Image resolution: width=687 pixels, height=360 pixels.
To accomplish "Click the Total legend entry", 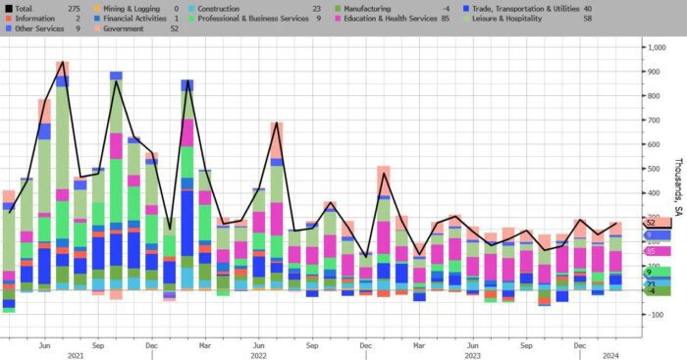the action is [24, 8].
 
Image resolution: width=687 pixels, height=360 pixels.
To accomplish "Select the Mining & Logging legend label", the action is [132, 8].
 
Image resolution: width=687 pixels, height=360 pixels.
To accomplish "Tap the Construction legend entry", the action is [218, 8].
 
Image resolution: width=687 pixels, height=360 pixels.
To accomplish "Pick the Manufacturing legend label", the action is [367, 8].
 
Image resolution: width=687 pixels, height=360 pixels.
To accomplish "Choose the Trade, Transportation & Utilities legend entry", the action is [526, 8].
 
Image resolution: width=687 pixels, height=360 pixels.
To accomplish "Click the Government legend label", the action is [123, 28].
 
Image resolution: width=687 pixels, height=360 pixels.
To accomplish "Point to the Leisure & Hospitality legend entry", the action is [507, 19].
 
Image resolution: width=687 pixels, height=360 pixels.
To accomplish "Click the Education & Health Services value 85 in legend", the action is [446, 19].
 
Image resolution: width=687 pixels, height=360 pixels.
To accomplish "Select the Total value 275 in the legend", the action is [74, 8].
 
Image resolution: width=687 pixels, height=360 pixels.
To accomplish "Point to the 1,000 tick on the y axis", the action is [657, 47].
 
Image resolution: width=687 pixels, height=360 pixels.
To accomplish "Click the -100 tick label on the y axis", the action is [656, 315].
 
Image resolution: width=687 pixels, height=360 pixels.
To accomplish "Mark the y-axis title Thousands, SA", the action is [678, 187].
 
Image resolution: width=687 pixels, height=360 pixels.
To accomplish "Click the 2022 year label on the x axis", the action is [258, 356].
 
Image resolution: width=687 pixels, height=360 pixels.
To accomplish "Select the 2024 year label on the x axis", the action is [610, 356].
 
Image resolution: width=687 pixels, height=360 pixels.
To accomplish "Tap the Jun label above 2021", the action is [45, 345].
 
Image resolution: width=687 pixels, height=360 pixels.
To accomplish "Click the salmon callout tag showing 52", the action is [658, 223].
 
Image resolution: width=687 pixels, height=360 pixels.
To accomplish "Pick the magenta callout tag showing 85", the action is [658, 251].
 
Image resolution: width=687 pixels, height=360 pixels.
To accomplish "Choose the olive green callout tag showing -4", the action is [658, 290].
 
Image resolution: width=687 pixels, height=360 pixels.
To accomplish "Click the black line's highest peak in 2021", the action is [63, 62].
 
